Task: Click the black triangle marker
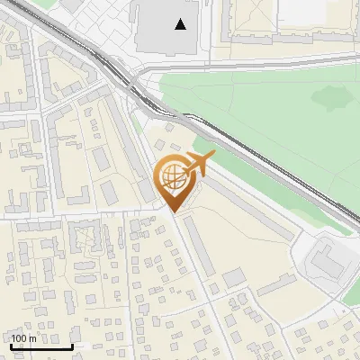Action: [x=182, y=24]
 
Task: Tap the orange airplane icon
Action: [x=198, y=165]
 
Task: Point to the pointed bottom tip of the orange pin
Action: [x=174, y=212]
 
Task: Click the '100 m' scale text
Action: [x=23, y=338]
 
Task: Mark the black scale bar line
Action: [x=41, y=346]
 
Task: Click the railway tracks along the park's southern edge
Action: [x=270, y=162]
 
